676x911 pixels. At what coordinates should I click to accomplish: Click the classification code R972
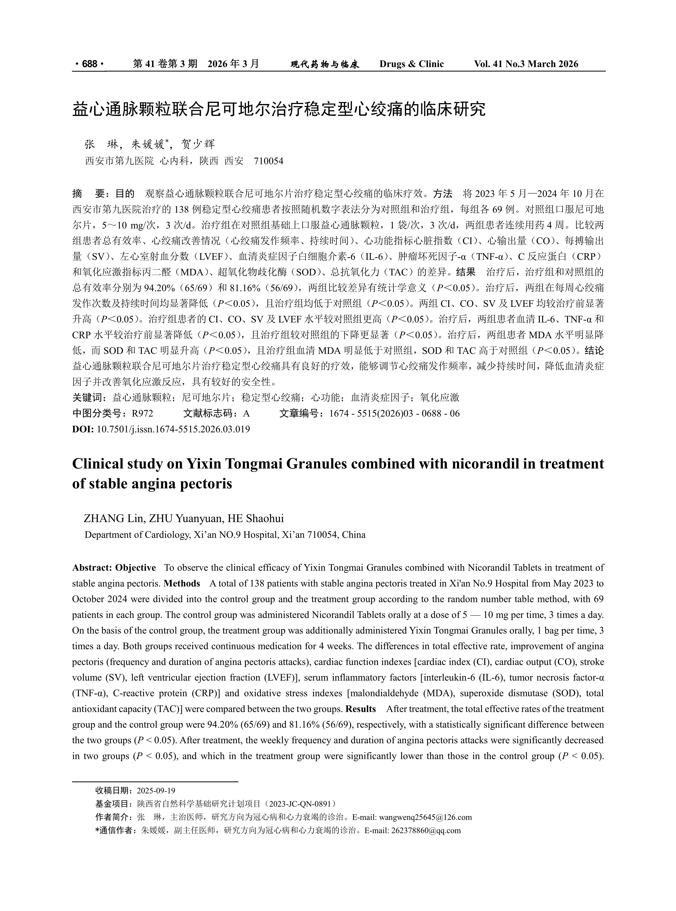[142, 414]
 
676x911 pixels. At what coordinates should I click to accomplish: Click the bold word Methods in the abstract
[182, 583]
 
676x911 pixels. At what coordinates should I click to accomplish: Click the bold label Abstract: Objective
[114, 568]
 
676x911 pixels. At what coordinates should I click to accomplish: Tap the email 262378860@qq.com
[426, 830]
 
